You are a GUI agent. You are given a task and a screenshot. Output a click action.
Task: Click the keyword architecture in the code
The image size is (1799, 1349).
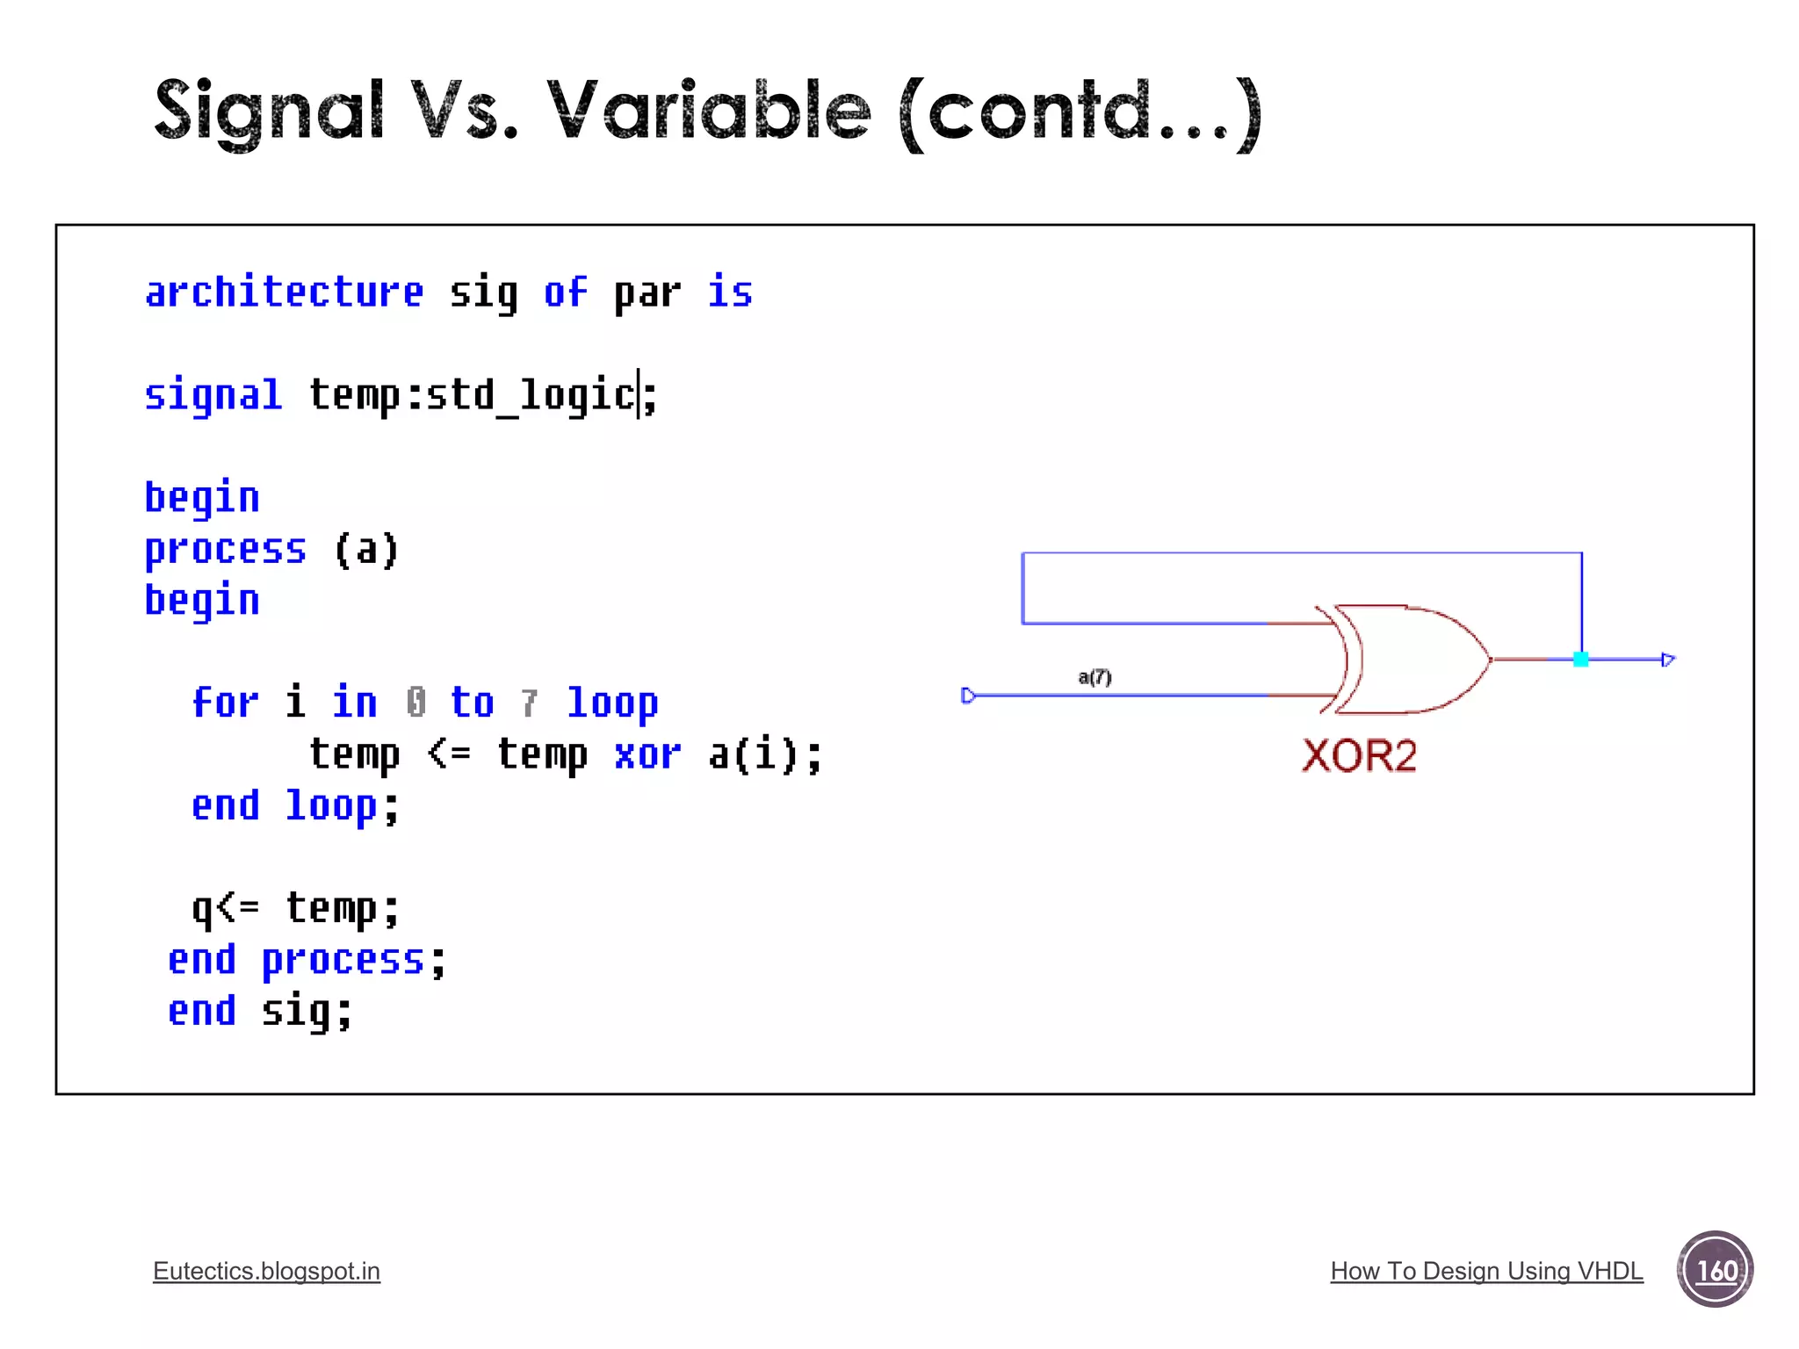(x=284, y=292)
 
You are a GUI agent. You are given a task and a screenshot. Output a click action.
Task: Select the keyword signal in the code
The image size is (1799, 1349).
(x=213, y=395)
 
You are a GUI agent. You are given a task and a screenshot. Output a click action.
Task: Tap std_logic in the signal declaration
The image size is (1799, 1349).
(x=531, y=395)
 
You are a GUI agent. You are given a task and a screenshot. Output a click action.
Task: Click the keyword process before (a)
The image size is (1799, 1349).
(x=225, y=550)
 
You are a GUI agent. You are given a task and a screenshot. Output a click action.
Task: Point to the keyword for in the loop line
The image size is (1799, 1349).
(x=225, y=703)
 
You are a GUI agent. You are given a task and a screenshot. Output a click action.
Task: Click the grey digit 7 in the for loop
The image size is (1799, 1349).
(x=529, y=703)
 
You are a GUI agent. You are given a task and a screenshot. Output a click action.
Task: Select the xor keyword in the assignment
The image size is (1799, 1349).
(x=647, y=754)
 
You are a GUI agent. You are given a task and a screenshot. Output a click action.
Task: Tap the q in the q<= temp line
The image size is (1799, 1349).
(x=202, y=909)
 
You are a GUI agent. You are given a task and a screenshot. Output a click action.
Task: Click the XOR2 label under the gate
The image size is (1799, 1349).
(x=1358, y=755)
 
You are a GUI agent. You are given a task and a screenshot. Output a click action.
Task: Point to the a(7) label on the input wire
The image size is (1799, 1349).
(x=1095, y=677)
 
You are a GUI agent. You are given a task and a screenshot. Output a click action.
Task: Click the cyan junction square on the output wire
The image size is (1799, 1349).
(x=1580, y=660)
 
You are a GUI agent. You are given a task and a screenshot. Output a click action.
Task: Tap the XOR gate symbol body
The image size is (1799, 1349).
(x=1410, y=659)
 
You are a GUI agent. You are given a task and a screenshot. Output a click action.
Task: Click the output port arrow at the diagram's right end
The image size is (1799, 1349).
(x=1667, y=660)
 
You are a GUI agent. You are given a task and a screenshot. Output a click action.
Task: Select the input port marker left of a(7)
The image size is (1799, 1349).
(x=968, y=696)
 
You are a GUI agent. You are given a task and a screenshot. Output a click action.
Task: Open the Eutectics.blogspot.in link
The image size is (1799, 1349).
(x=266, y=1271)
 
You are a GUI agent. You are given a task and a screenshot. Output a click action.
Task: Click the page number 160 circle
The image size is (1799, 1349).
(x=1715, y=1270)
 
